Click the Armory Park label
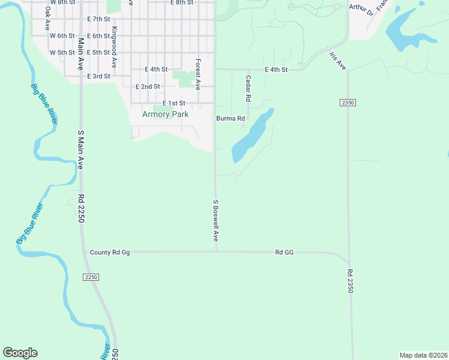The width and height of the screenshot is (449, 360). [x=165, y=114]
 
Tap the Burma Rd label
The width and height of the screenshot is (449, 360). [x=231, y=118]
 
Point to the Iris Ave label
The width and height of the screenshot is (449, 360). [x=337, y=61]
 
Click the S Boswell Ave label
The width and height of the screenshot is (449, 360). [x=215, y=220]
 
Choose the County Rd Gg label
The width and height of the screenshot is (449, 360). [x=109, y=253]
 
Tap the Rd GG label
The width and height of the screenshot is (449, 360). [x=284, y=253]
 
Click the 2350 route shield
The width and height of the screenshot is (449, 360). [x=348, y=103]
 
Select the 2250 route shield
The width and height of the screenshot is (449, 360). [x=91, y=277]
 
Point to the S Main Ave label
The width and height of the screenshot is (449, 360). [x=80, y=150]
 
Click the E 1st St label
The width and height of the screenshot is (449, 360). [x=173, y=103]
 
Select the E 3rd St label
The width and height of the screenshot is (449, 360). [x=98, y=76]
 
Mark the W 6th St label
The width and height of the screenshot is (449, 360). [x=61, y=36]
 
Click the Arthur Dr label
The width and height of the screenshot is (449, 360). [x=361, y=8]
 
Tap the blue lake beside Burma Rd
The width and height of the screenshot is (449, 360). [x=252, y=136]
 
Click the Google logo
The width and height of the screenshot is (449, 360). [x=20, y=353]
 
